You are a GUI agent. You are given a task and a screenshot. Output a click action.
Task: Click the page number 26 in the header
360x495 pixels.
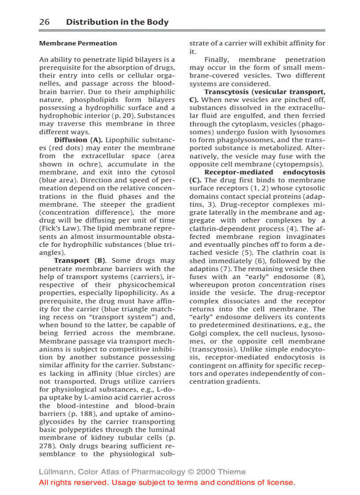point(44,22)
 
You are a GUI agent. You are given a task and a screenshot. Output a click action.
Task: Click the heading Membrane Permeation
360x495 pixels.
point(78,43)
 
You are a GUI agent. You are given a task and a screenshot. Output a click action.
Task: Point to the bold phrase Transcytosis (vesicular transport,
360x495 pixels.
point(265,92)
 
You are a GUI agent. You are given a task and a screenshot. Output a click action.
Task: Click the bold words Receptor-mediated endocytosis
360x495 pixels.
point(265,172)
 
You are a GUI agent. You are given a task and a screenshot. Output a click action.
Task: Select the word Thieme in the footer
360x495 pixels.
point(232,472)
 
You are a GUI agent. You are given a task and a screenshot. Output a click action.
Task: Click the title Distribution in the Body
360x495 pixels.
point(117,22)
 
